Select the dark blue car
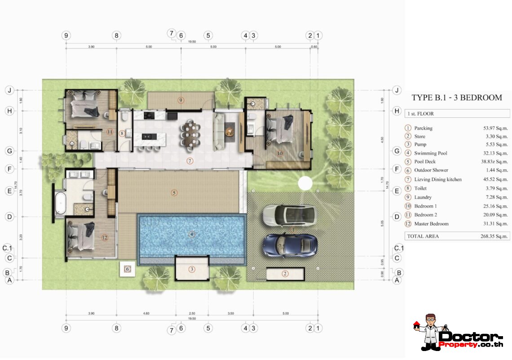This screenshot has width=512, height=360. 290,245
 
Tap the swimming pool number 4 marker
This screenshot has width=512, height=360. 192,234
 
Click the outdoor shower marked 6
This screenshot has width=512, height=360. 127,269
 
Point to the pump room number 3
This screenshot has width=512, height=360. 192,269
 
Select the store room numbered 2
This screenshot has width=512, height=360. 285,274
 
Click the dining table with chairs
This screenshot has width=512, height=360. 190,134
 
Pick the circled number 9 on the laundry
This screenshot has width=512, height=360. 181,100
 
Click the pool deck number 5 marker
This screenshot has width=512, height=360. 174,193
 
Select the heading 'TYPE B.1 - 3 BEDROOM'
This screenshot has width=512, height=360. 456,98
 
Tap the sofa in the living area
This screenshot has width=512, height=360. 219,132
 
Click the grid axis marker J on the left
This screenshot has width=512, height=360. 9,90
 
